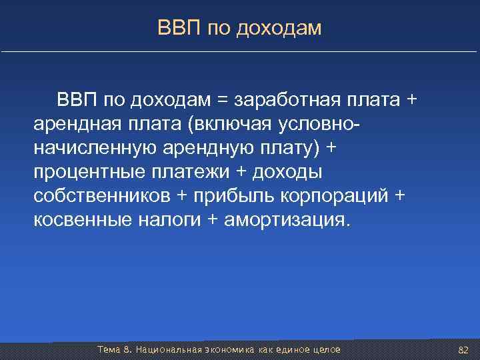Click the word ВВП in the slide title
point(175,28)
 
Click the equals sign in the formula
point(222,101)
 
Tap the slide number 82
point(465,350)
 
